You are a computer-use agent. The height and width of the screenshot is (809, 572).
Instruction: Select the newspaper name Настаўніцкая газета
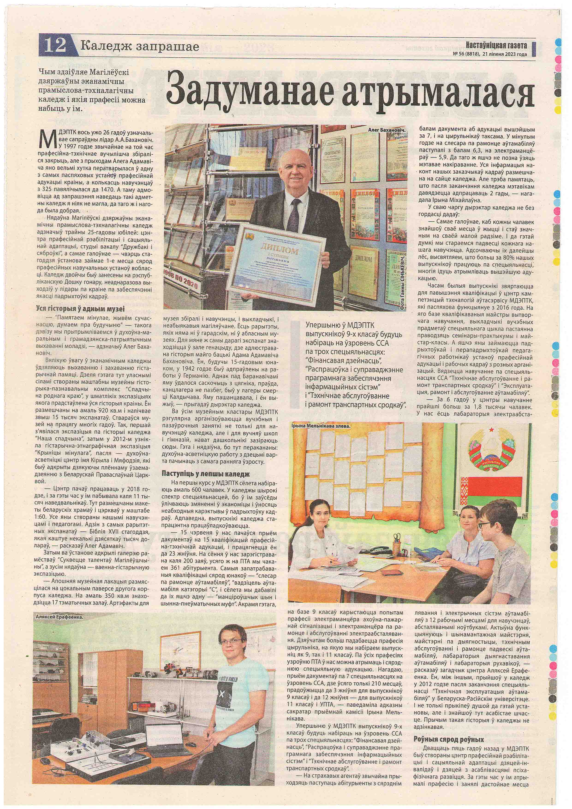[496, 45]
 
